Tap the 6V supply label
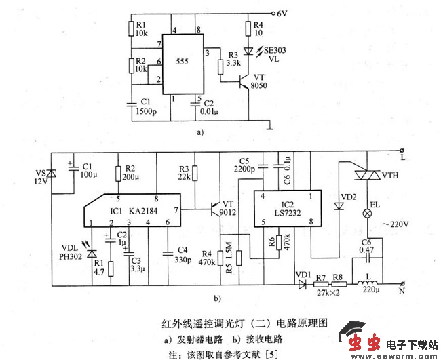coord(284,13)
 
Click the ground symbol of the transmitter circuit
coord(270,125)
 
